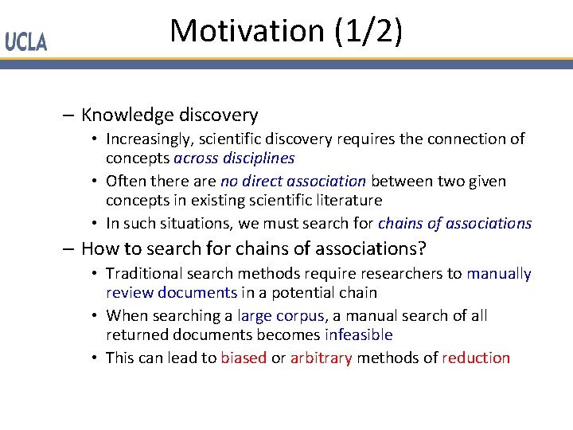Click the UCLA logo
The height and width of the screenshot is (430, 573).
pos(26,42)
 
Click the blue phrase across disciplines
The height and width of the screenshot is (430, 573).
pos(238,158)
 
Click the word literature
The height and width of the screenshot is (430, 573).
pos(346,201)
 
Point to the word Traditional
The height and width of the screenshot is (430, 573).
pos(146,274)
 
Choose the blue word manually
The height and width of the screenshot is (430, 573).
pos(499,274)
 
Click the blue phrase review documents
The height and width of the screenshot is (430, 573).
pos(171,293)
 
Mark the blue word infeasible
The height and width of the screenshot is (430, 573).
pos(359,335)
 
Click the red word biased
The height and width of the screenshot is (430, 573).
pos(244,358)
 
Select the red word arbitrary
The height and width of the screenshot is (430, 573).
pos(321,358)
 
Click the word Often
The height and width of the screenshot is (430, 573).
pos(124,182)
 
